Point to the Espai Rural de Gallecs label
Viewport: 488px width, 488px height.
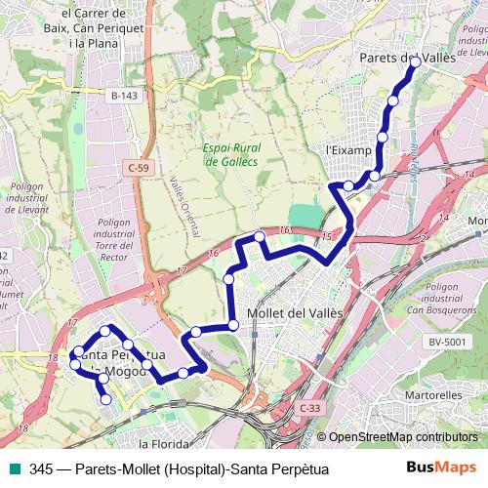pos(230,155)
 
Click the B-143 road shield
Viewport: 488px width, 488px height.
pos(124,96)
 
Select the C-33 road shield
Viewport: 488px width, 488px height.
pos(309,408)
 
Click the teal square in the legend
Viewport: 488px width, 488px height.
pos(13,469)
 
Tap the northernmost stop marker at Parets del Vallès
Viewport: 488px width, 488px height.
pos(415,61)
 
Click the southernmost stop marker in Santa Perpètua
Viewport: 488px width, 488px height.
pos(105,399)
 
